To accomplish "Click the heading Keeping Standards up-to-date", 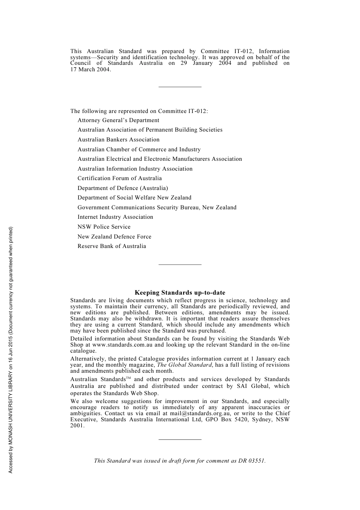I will point(180,293).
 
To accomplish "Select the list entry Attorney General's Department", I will point(118,120).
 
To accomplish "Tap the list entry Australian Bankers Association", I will point(118,140).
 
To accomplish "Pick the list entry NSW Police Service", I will point(104,227).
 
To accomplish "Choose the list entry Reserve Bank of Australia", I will point(111,246).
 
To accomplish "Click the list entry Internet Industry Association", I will point(115,217).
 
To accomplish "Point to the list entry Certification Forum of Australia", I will point(119,178).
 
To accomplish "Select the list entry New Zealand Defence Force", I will point(114,237).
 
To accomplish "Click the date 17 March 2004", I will point(90,69).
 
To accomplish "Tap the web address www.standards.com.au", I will point(122,345).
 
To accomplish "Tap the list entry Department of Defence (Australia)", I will point(122,188).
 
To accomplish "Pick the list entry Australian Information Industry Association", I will point(135,169).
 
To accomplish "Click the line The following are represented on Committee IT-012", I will point(139,111).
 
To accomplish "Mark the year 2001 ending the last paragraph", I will point(77,425).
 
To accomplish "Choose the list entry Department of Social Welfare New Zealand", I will point(134,198).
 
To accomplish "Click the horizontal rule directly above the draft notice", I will point(180,439).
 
